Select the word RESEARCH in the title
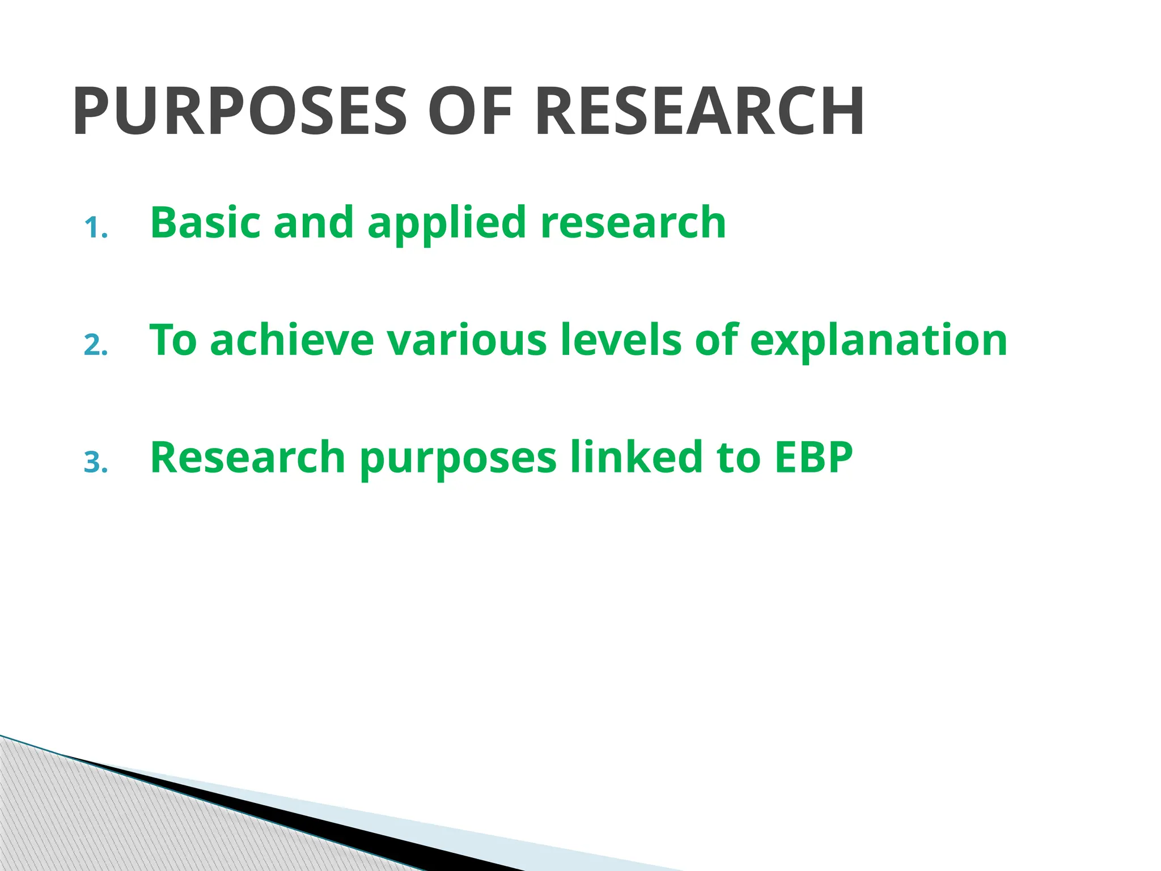click(x=700, y=111)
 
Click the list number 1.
click(x=95, y=229)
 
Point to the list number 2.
click(x=95, y=346)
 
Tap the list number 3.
click(x=95, y=463)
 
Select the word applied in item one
click(x=448, y=223)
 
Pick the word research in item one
click(x=633, y=222)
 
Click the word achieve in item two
click(x=292, y=340)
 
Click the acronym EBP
click(x=813, y=457)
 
